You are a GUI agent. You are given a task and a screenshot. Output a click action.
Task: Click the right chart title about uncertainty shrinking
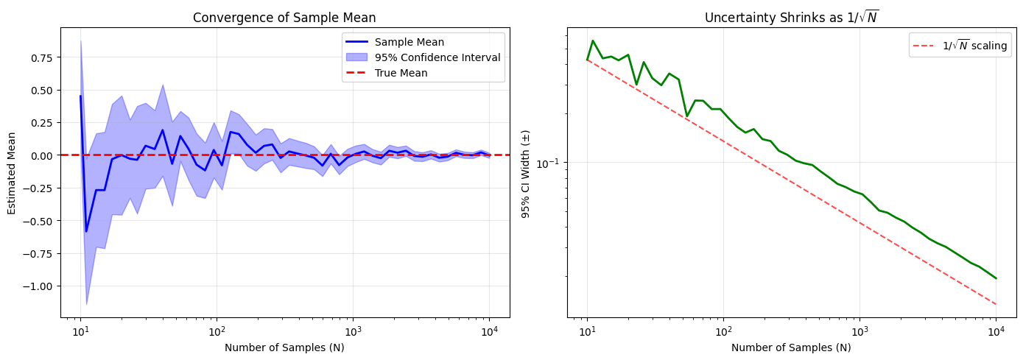(x=792, y=18)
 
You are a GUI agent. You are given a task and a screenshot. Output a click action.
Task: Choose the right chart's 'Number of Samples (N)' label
(x=792, y=347)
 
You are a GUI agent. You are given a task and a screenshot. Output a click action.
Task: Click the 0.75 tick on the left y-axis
(x=41, y=57)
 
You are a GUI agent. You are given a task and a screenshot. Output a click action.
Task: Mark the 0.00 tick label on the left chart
(x=41, y=155)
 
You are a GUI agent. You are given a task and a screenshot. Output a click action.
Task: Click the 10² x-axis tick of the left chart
(x=217, y=331)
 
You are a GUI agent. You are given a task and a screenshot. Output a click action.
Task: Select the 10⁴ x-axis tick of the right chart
(x=996, y=331)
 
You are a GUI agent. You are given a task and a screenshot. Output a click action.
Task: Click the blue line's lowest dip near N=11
(x=86, y=231)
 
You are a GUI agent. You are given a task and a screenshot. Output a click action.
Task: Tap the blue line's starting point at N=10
(x=81, y=96)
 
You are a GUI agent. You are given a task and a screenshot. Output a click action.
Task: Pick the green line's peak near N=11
(x=593, y=41)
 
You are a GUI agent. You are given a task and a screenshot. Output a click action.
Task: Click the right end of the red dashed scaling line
(x=996, y=304)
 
